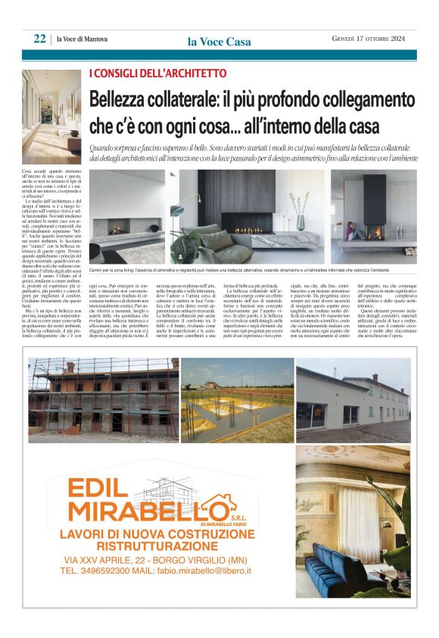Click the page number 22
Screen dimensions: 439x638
tap(39, 39)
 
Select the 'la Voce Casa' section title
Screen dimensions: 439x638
tap(219, 42)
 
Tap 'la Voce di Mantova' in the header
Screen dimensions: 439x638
tap(83, 39)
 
